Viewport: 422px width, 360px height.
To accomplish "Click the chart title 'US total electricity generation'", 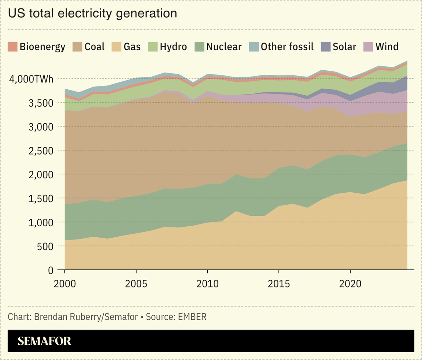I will click(x=92, y=14).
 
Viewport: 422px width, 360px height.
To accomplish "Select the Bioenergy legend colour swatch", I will click(x=13, y=47).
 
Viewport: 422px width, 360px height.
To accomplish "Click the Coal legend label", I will click(x=95, y=47).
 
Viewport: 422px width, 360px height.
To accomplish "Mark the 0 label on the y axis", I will click(x=51, y=270).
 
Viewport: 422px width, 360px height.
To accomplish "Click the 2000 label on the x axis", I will click(x=65, y=284).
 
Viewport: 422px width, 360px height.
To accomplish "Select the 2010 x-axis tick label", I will click(x=207, y=284).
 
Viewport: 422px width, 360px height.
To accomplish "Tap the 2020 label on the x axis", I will click(x=350, y=284).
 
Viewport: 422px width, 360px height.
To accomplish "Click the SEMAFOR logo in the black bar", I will click(x=44, y=341).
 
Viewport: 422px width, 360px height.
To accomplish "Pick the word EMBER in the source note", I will click(x=192, y=317).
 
